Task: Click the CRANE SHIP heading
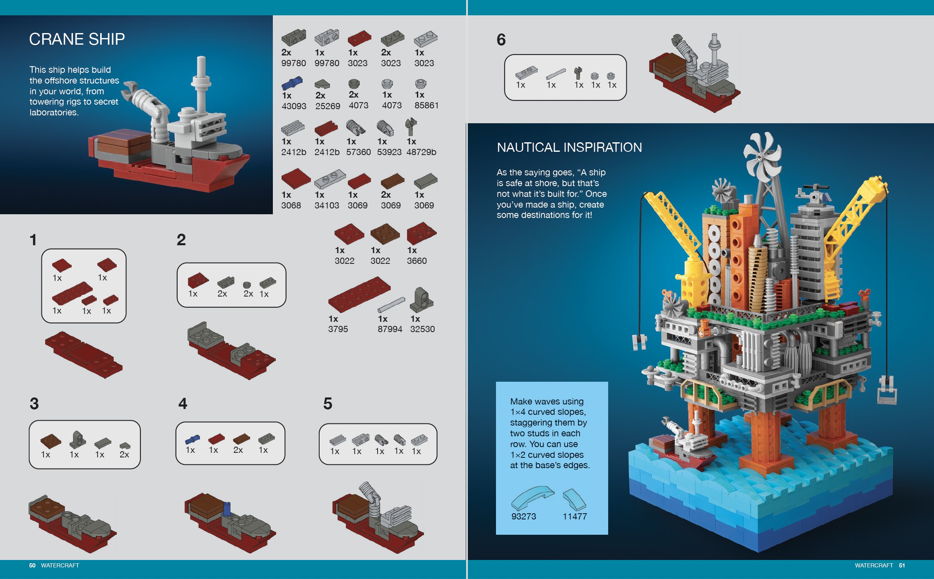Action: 77,39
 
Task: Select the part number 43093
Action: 294,106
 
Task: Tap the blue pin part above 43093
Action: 292,83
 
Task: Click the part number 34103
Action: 326,206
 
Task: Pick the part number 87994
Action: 390,329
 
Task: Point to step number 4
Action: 183,404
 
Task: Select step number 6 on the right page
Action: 501,40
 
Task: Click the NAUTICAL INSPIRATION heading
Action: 569,147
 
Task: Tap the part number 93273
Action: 523,517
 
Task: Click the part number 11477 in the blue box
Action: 575,517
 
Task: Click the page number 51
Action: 902,565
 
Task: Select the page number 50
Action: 32,565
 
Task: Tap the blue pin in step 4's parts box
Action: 193,439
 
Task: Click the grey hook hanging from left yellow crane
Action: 639,342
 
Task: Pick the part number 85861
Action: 426,105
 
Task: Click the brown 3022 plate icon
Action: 385,234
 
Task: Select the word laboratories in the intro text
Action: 54,112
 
